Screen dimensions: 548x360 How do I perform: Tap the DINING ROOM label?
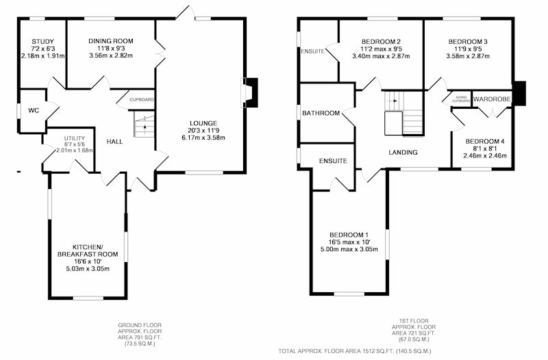click(x=111, y=41)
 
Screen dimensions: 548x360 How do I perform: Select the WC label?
click(x=34, y=111)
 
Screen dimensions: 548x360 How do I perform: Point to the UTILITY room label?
click(x=75, y=138)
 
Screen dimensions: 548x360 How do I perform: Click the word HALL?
click(x=114, y=142)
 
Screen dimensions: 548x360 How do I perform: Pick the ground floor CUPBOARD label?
click(x=142, y=100)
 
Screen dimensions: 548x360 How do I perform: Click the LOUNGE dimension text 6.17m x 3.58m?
click(x=203, y=138)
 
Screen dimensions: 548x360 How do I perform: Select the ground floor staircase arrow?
click(x=145, y=128)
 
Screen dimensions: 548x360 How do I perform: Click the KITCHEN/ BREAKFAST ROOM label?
click(x=88, y=250)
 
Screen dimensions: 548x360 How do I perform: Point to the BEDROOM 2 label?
click(x=381, y=42)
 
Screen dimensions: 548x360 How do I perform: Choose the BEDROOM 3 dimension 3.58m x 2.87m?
click(x=468, y=56)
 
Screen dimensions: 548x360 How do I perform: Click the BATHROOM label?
click(x=321, y=113)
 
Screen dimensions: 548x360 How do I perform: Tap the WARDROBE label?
click(x=492, y=99)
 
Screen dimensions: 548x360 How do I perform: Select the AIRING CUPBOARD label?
click(x=461, y=99)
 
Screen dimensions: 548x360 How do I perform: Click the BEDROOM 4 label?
click(x=485, y=142)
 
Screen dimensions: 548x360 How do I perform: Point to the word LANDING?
click(x=403, y=152)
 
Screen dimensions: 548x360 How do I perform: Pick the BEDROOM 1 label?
click(x=349, y=235)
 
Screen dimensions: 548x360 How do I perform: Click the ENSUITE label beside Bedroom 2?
click(x=312, y=51)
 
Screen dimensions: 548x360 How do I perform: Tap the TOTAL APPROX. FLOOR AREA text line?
click(x=355, y=351)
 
